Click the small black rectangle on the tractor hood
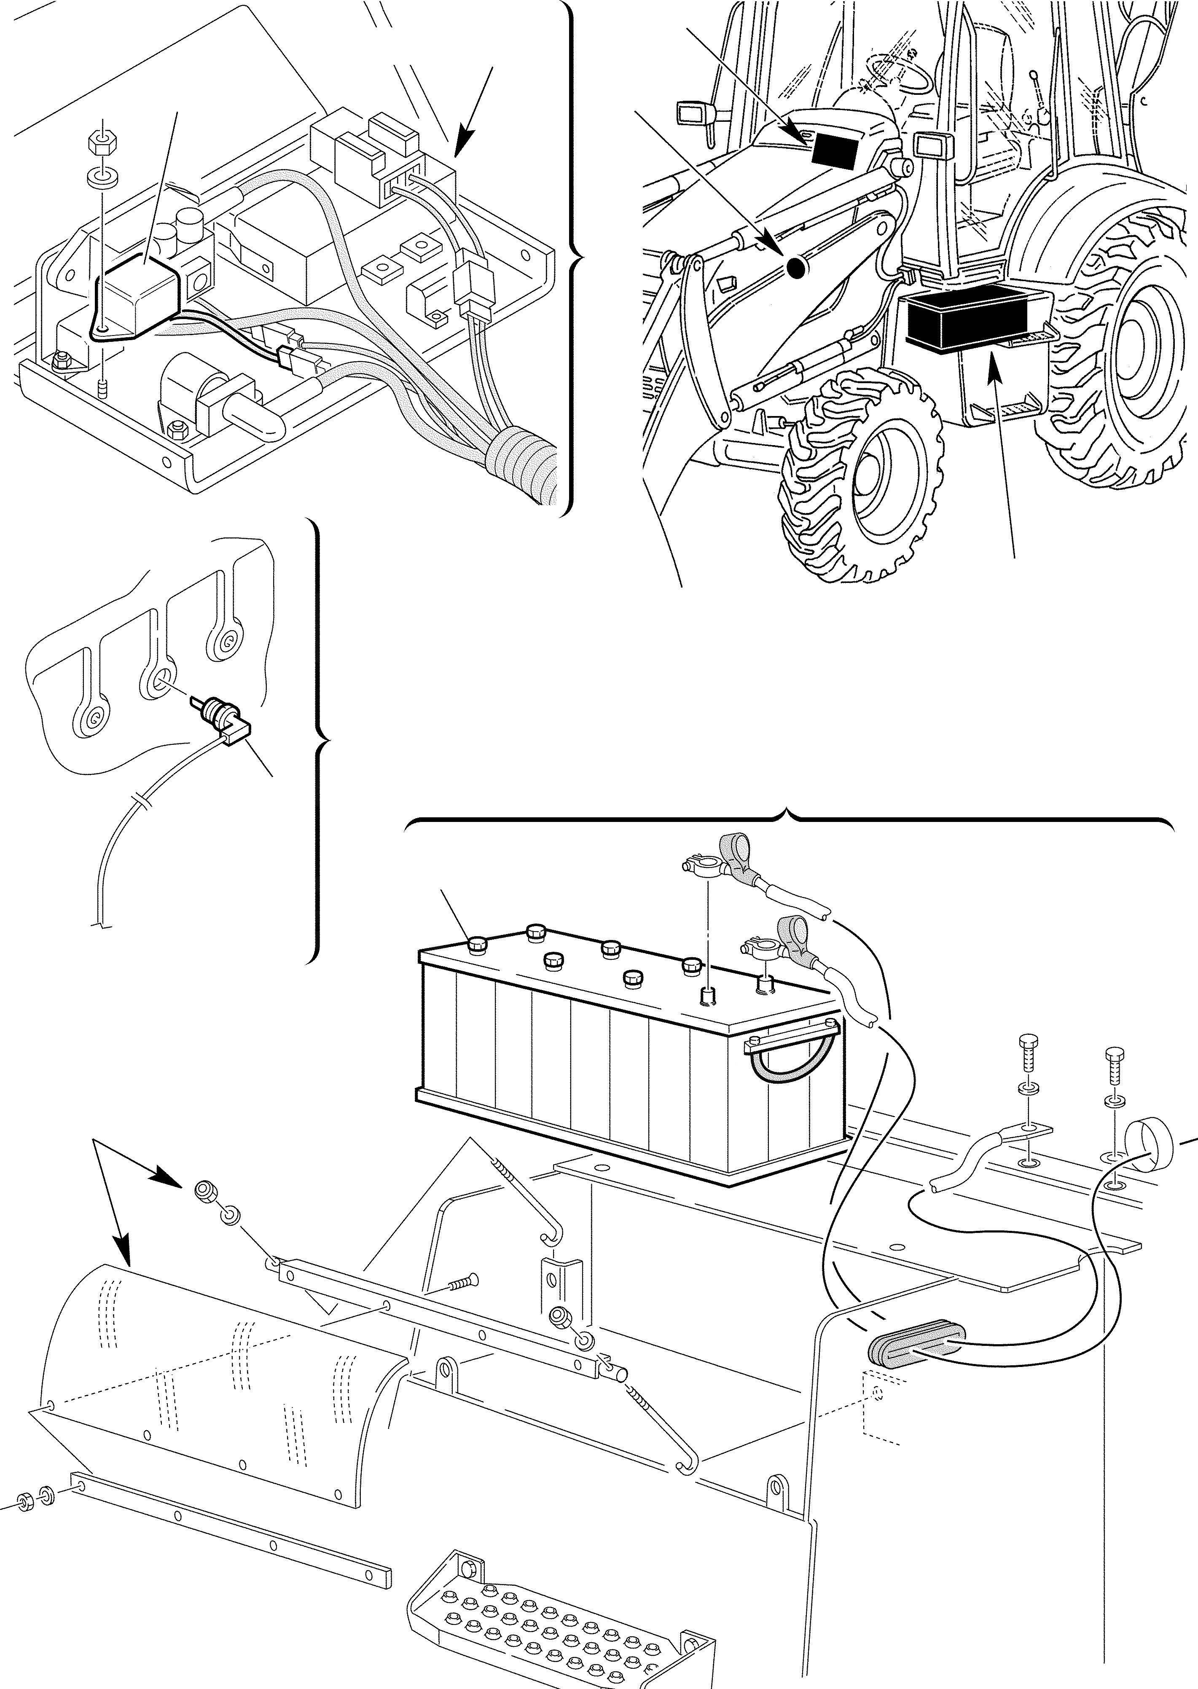coord(834,150)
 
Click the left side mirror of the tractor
coord(692,113)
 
